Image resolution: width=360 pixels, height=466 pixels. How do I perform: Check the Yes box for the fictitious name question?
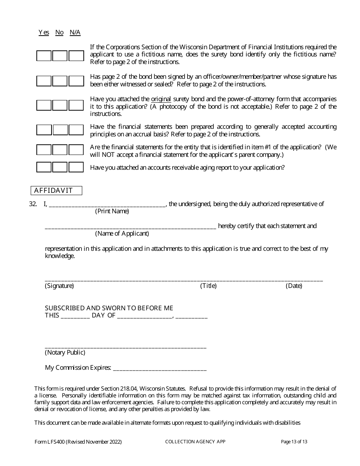click(x=44, y=56)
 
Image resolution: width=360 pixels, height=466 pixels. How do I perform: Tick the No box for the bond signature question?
click(x=60, y=81)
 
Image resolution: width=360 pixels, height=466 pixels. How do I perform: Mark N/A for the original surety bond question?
click(x=76, y=105)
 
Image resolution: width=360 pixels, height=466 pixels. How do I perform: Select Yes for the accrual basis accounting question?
click(x=44, y=130)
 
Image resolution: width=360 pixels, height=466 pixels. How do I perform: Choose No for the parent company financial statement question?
click(x=60, y=150)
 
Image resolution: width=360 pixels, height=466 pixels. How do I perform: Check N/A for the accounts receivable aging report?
click(x=76, y=167)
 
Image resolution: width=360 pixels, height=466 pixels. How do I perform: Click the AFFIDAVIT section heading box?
click(x=56, y=191)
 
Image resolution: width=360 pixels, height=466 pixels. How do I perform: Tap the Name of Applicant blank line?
click(x=130, y=227)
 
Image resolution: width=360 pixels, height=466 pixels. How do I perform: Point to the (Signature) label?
click(x=59, y=286)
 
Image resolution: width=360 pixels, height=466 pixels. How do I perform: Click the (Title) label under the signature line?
click(x=208, y=286)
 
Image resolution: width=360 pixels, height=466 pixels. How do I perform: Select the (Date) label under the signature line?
click(x=294, y=286)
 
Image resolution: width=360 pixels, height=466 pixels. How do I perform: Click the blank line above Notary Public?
click(x=125, y=346)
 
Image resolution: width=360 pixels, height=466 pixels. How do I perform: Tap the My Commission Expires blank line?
click(x=160, y=368)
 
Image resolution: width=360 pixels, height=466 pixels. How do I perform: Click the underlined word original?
click(x=161, y=99)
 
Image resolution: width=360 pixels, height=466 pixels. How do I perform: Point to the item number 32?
click(x=33, y=204)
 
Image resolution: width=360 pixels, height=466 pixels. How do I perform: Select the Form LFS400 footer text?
click(x=78, y=442)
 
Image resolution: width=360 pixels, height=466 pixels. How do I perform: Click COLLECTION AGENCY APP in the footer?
click(x=195, y=442)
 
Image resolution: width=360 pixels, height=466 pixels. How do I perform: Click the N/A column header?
click(x=75, y=33)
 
